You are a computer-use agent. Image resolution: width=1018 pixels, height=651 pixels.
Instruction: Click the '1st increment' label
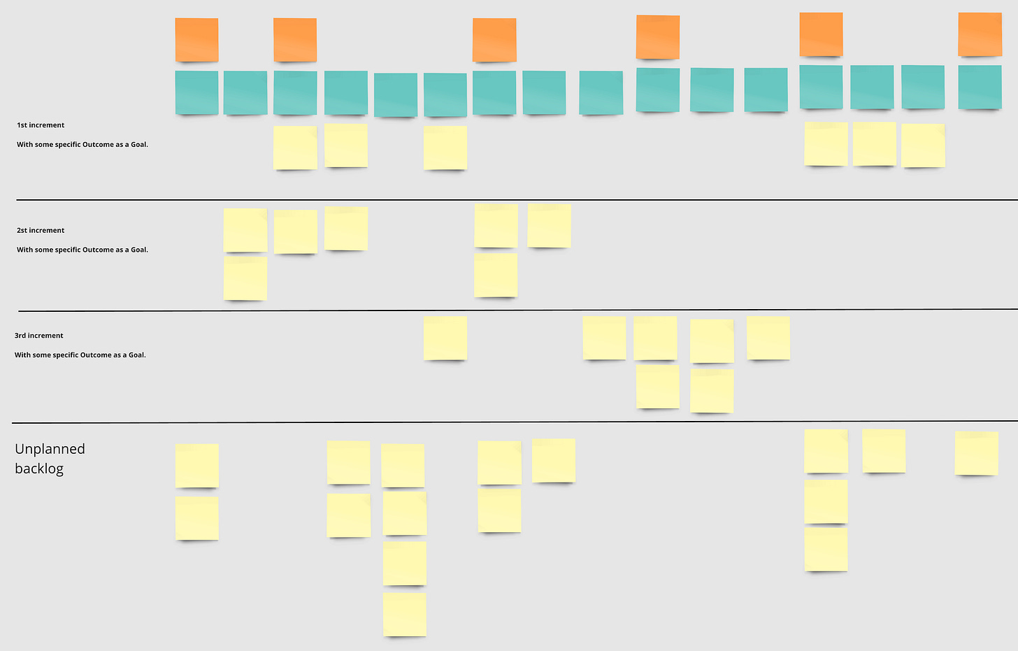point(41,125)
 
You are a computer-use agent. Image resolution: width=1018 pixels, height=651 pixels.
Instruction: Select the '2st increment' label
point(41,230)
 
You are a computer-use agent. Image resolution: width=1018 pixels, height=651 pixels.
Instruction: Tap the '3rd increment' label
point(39,336)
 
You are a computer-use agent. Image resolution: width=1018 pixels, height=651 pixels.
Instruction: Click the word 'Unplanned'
point(50,449)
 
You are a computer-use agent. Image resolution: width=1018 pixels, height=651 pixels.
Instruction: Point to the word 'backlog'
point(39,468)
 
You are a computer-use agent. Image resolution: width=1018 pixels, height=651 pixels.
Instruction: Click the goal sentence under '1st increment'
point(83,145)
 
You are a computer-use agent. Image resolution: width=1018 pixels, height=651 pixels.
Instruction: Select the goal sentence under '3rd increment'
point(80,355)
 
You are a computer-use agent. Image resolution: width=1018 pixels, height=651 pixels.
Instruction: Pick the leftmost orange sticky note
point(196,40)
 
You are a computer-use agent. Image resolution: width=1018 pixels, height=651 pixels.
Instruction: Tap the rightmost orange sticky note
point(980,34)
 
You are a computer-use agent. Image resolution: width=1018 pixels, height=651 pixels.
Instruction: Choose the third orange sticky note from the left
point(494,40)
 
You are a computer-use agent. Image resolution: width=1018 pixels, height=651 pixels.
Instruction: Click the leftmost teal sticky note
point(196,92)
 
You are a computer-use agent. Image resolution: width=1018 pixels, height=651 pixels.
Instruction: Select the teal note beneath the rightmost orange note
point(980,87)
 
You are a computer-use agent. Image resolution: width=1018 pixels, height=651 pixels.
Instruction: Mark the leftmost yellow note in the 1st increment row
point(295,147)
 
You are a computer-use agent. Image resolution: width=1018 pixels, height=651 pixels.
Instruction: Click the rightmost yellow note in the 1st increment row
point(923,145)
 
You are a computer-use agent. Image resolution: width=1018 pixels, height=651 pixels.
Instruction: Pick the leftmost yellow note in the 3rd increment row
point(445,338)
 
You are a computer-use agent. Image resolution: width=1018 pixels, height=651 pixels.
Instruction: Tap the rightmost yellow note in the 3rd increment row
point(768,338)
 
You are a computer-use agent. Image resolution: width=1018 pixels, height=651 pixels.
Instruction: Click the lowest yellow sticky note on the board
point(404,614)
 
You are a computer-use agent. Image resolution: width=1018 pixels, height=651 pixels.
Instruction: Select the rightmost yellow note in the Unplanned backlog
point(976,453)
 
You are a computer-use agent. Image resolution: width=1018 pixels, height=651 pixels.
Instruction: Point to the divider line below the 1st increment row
point(517,200)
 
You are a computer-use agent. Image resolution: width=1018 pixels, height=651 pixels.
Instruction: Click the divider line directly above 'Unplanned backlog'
point(517,422)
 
